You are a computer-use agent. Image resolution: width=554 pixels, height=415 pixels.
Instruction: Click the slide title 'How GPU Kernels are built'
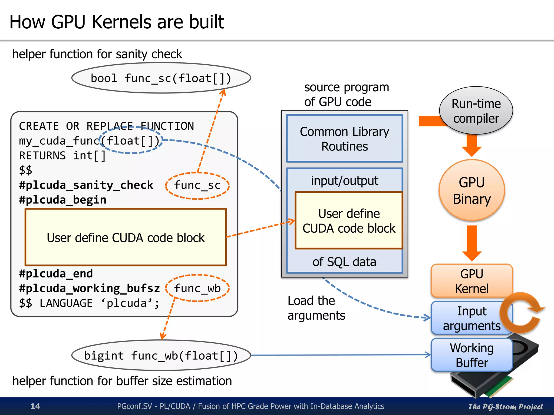[117, 22]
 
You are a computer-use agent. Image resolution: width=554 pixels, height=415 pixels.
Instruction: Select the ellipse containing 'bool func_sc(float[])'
[161, 78]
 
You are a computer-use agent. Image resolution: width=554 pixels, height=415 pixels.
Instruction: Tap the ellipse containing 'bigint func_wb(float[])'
[161, 356]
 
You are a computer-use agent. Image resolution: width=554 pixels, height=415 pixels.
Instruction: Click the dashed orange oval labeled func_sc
[197, 186]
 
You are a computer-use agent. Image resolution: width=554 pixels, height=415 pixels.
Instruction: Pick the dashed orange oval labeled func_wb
[197, 288]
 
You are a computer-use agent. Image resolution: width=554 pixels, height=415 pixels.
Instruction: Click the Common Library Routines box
[344, 139]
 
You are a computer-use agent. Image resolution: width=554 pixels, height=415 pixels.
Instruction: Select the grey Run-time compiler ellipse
[476, 111]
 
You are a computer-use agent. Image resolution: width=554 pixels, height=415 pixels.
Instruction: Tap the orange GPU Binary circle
[471, 190]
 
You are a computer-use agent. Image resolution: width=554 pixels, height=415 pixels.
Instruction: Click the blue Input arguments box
[465, 318]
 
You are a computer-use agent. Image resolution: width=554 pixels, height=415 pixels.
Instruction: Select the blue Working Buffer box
[471, 355]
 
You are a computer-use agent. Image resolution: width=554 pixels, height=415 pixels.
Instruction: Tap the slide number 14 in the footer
[35, 406]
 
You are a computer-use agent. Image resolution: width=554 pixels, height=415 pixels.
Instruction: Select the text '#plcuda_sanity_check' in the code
[86, 185]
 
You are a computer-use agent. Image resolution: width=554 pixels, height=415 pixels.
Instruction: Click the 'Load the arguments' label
[316, 308]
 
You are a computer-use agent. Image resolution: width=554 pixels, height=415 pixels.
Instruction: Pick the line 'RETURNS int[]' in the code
[62, 156]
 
